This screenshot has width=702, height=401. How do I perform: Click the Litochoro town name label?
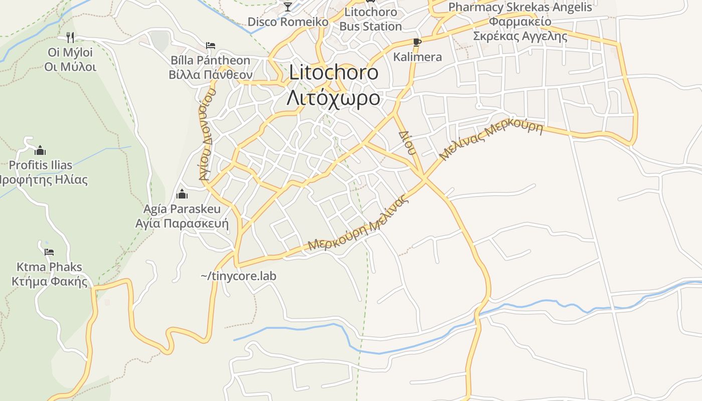333,73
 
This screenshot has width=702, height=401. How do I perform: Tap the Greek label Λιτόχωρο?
333,98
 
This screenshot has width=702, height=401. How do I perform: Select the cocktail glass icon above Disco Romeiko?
288,7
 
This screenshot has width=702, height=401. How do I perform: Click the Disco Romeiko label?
288,22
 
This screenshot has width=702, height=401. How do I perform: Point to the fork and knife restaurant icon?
70,37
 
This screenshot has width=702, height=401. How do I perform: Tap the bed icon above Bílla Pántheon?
211,46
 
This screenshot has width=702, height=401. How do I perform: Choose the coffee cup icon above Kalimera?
417,42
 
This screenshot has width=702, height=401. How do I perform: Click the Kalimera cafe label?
417,57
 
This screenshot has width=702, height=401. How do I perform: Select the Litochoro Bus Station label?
371,19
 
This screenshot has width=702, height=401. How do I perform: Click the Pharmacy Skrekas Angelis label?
520,8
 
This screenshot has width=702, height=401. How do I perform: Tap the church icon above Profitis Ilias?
40,150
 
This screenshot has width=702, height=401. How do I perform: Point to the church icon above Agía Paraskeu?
182,194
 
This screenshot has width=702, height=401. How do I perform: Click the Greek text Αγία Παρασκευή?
182,223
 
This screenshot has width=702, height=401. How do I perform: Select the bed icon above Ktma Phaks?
49,252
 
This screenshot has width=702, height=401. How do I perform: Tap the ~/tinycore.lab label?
238,276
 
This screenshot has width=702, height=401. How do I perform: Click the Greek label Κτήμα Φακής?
49,281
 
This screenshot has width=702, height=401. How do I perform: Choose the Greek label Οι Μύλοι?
70,67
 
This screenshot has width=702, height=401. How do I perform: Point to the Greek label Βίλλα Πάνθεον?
210,75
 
